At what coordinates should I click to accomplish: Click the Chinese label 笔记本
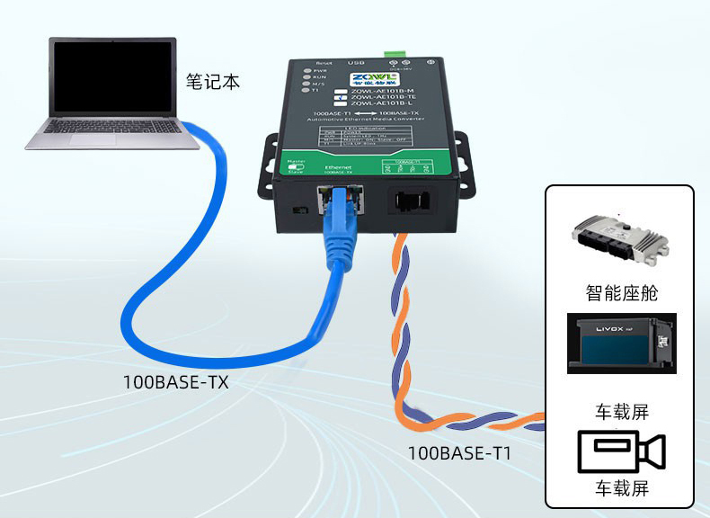pyautogui.click(x=213, y=82)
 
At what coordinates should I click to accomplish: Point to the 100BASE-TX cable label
pyautogui.click(x=175, y=381)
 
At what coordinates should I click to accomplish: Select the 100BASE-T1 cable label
pyautogui.click(x=459, y=453)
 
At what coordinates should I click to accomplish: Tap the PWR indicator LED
pyautogui.click(x=307, y=70)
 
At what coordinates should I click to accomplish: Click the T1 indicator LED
pyautogui.click(x=307, y=90)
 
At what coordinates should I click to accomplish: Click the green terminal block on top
pyautogui.click(x=394, y=50)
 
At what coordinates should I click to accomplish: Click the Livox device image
pyautogui.click(x=621, y=344)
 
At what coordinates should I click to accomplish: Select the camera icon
pyautogui.click(x=620, y=451)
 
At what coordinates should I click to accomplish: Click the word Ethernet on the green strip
pyautogui.click(x=338, y=168)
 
